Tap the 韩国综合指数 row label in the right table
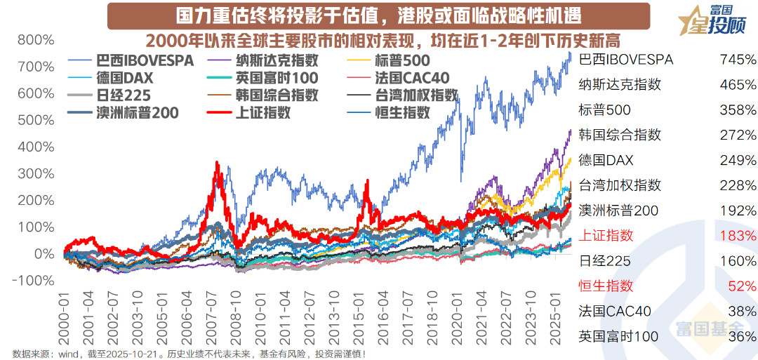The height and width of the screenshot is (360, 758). click(x=620, y=135)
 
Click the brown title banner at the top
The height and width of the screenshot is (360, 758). click(x=379, y=15)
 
